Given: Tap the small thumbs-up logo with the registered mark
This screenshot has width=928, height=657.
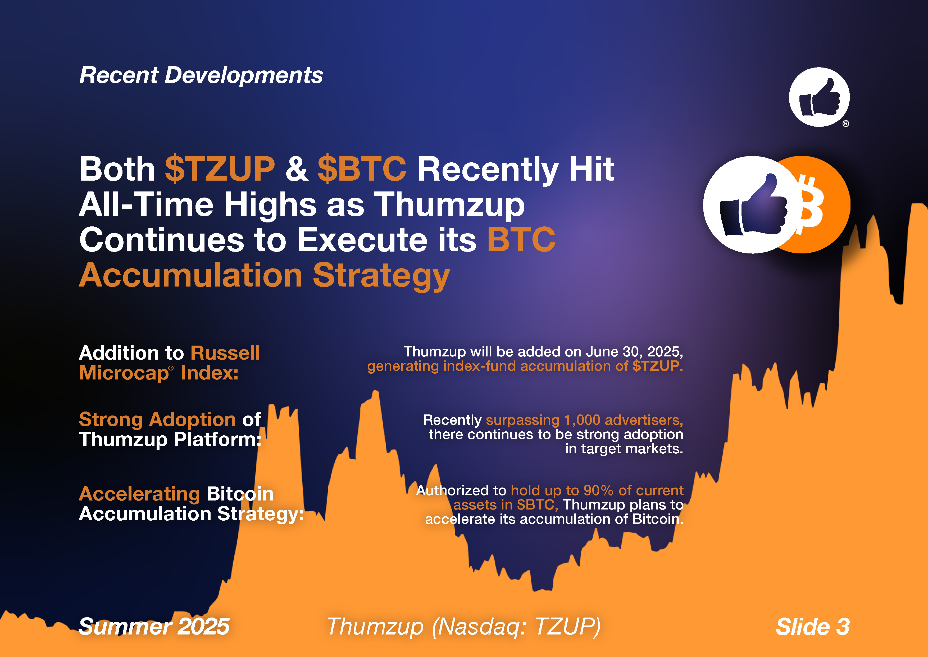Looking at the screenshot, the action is pyautogui.click(x=819, y=97).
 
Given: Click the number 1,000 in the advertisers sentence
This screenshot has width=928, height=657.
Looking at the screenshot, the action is pyautogui.click(x=582, y=420).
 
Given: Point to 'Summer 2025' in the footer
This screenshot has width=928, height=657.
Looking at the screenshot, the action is pyautogui.click(x=154, y=627).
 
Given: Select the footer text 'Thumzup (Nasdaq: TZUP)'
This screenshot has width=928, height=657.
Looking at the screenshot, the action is pyautogui.click(x=463, y=627).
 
